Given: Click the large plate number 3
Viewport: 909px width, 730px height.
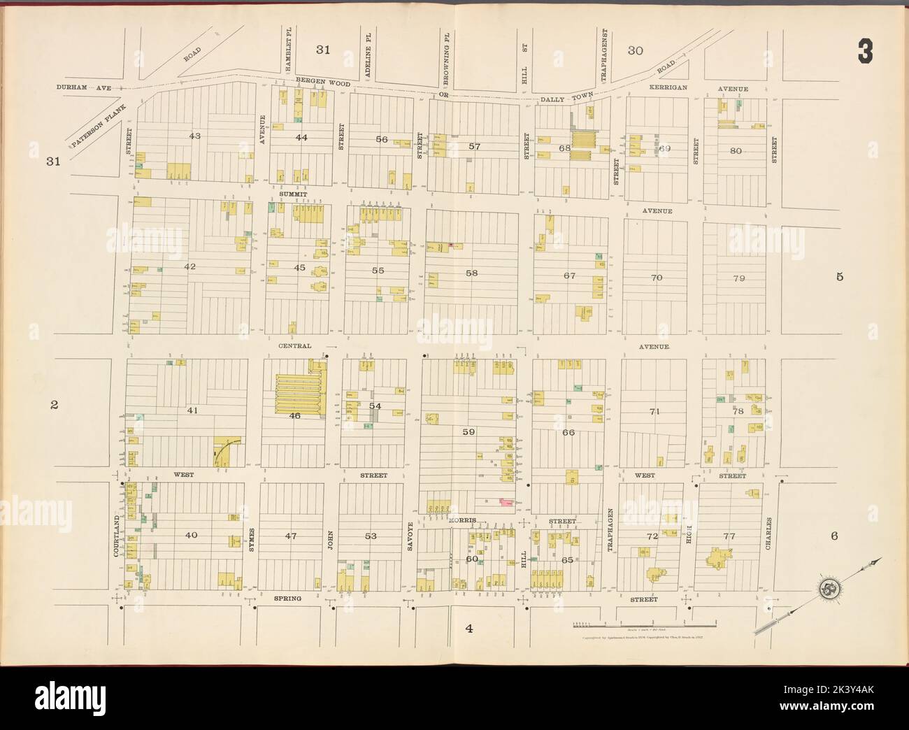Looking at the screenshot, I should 866,52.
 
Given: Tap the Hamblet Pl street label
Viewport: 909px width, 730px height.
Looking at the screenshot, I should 287,51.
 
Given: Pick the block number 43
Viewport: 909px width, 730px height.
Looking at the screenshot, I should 194,135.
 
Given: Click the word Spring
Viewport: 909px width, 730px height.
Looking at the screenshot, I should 287,599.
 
